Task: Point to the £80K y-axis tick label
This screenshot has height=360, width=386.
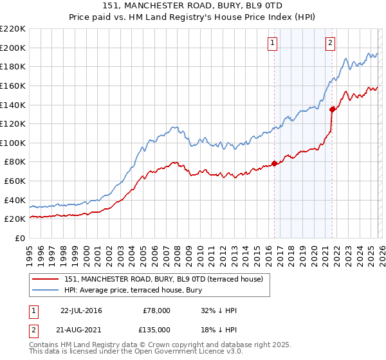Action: pyautogui.click(x=15, y=162)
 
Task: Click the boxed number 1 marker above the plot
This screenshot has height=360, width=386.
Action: pyautogui.click(x=273, y=43)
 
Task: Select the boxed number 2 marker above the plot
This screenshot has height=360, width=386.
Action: pyautogui.click(x=330, y=43)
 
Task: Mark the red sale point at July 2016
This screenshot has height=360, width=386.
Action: pyautogui.click(x=274, y=163)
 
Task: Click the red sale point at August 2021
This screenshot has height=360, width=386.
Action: pyautogui.click(x=332, y=109)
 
